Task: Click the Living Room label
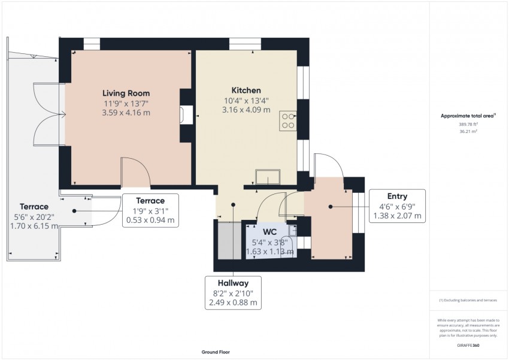point(126,93)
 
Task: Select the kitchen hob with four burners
point(288,121)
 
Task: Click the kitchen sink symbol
point(267,177)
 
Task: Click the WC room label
point(269,231)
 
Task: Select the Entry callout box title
point(397,196)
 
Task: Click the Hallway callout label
point(234,283)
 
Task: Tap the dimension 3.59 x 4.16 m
point(126,112)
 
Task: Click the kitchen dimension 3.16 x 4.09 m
point(246,110)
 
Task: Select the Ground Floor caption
point(215,352)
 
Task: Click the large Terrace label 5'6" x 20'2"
point(34,216)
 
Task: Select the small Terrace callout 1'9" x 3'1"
point(150,210)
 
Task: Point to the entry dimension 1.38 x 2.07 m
point(397,216)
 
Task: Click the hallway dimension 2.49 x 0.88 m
point(234,303)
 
